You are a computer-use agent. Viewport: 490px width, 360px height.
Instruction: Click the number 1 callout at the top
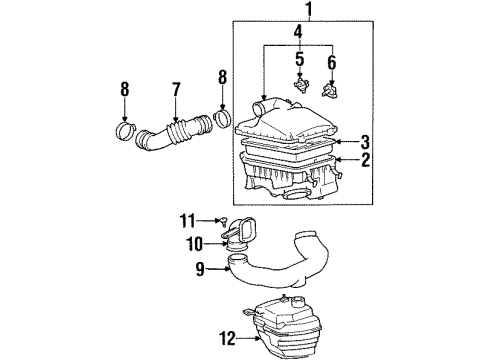click(x=309, y=12)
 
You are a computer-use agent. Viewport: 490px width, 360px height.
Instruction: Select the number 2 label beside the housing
click(x=366, y=158)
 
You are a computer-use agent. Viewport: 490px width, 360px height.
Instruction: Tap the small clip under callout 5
click(x=298, y=90)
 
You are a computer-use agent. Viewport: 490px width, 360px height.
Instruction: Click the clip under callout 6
click(x=330, y=95)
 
